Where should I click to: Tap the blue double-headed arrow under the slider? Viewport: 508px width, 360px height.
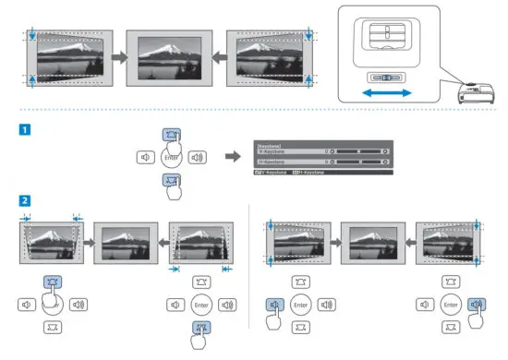tap(384, 94)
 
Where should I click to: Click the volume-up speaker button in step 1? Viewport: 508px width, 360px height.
tap(196, 157)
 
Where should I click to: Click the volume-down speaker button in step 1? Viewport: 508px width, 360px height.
tap(145, 157)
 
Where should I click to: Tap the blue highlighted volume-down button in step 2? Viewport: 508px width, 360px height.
tap(275, 303)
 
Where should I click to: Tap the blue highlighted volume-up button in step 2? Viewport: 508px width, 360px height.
tap(476, 303)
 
